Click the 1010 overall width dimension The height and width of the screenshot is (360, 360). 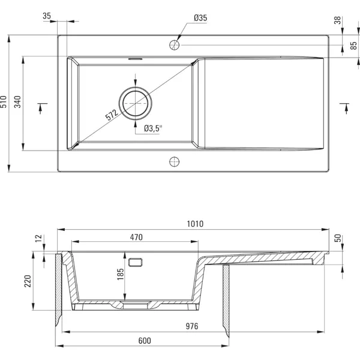195,224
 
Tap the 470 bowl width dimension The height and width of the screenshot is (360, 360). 136,237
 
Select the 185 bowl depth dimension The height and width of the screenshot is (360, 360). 121,274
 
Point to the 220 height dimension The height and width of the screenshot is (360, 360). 28,281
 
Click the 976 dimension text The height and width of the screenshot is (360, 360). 192,326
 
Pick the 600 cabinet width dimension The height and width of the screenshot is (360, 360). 145,341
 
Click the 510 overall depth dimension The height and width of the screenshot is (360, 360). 4,102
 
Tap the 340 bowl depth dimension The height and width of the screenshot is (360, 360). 17,102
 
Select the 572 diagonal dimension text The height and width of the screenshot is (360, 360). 112,115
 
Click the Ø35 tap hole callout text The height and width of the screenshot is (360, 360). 200,18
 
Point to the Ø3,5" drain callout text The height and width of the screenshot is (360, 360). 153,128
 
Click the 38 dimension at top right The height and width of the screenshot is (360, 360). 337,20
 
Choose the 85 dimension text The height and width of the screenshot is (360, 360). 354,46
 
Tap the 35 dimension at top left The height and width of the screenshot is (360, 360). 47,16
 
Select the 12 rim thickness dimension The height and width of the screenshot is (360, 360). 38,238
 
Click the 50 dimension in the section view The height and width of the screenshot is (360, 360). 338,238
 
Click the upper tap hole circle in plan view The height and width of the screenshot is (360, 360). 174,45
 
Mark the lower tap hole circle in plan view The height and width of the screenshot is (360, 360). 174,161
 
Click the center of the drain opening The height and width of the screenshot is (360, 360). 135,103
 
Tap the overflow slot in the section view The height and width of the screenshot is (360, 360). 135,262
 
